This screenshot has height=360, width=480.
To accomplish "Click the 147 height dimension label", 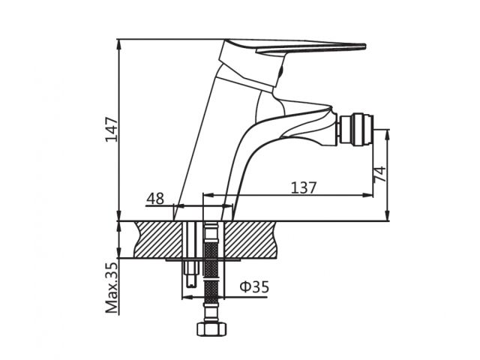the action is point(112,129).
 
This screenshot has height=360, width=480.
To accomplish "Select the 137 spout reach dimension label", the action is point(303,187).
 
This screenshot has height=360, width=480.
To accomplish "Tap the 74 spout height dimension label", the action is point(380,174).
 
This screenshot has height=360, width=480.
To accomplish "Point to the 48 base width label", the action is point(155,199).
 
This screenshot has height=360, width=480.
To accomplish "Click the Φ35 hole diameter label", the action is point(254,286).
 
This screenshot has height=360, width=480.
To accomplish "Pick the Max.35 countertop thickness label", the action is point(112,288).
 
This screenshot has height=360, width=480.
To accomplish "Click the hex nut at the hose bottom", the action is point(211,328).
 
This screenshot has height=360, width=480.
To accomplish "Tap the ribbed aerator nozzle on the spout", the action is point(355,130).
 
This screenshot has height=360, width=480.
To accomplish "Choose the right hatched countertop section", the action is point(250,240).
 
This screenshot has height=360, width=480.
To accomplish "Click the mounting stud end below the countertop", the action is point(191,274).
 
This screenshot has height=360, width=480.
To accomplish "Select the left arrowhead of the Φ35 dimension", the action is point(187,297).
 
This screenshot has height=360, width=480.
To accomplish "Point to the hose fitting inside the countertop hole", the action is point(211,232).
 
